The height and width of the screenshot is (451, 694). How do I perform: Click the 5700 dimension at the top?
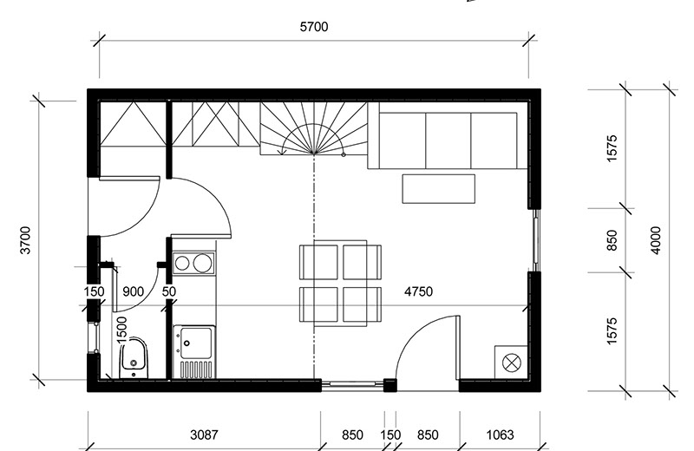[x=314, y=27]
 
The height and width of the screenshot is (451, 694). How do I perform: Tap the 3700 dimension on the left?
[x=26, y=240]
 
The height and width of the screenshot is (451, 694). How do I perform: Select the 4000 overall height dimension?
[x=656, y=240]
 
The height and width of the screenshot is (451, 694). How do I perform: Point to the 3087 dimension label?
[x=204, y=435]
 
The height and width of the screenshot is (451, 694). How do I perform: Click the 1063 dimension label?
[x=501, y=435]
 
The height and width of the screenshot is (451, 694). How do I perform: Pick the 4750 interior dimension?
[x=418, y=291]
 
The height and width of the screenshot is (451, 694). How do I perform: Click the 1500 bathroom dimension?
[x=121, y=330]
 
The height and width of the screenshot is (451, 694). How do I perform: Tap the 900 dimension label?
[x=133, y=291]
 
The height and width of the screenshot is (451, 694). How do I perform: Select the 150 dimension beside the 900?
[x=94, y=291]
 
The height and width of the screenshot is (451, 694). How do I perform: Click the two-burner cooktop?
[x=193, y=264]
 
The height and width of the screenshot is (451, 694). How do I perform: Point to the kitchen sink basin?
[x=194, y=343]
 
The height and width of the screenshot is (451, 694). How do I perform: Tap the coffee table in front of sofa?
[x=439, y=188]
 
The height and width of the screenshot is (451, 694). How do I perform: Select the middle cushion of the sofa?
[x=448, y=141]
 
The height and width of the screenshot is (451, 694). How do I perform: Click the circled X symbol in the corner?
[x=512, y=363]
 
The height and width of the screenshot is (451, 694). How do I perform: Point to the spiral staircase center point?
[x=314, y=153]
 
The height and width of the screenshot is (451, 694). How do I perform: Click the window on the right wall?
[x=535, y=240]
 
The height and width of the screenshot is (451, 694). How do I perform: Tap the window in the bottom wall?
[x=352, y=385]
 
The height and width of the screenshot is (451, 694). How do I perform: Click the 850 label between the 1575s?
[x=612, y=240]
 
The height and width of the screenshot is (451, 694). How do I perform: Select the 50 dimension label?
[x=168, y=291]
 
